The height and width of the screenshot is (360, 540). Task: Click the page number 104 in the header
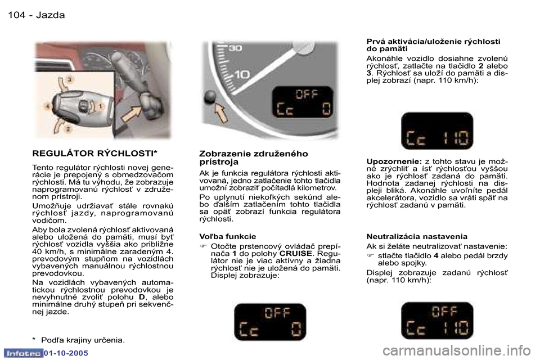tap(17, 15)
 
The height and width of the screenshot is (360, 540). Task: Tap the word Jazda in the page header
tap(50, 15)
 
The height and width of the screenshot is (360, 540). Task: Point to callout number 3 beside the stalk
tap(69, 80)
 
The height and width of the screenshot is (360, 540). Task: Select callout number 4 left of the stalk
tap(49, 105)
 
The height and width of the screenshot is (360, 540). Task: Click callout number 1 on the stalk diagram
tap(101, 106)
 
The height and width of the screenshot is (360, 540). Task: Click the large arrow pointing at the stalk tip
tap(134, 119)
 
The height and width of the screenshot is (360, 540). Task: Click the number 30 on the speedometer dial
tap(235, 49)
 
